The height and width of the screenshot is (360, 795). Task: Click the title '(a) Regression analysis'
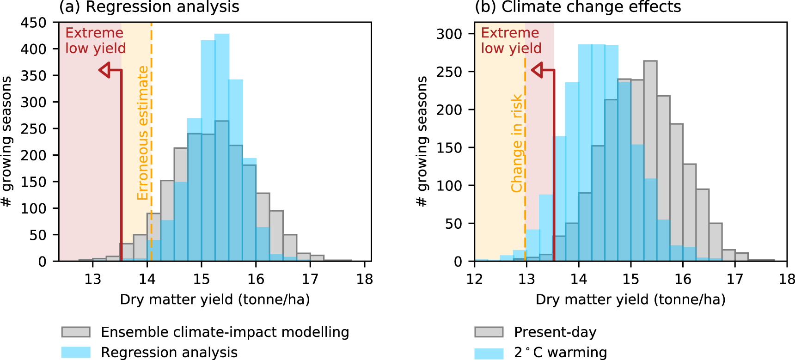click(149, 7)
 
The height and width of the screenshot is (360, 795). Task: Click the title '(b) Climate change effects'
click(578, 7)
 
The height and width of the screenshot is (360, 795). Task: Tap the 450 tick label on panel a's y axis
click(33, 23)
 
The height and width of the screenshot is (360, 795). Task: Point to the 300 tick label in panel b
click(449, 34)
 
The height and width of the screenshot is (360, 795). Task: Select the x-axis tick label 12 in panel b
click(475, 279)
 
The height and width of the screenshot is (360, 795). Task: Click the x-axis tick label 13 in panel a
click(92, 279)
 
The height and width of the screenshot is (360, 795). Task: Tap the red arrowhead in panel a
click(105, 70)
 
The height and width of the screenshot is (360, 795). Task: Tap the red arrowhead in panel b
click(537, 70)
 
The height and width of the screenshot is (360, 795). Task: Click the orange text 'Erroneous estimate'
click(143, 133)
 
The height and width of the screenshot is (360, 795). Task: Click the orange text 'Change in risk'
click(516, 143)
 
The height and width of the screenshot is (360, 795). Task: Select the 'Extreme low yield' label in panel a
click(95, 41)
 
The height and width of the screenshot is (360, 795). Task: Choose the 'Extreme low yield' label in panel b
click(511, 41)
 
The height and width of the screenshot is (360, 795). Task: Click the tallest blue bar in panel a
click(222, 148)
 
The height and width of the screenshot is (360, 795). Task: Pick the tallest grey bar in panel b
click(650, 162)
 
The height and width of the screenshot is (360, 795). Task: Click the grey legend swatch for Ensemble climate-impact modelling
click(76, 332)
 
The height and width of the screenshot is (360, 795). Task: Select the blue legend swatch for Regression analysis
click(76, 352)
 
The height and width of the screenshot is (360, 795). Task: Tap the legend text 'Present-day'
click(555, 332)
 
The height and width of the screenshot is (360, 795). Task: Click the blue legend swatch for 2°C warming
click(489, 354)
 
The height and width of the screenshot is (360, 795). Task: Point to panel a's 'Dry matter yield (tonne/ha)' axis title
click(215, 299)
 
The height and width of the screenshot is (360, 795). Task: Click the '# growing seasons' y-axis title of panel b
click(422, 141)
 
